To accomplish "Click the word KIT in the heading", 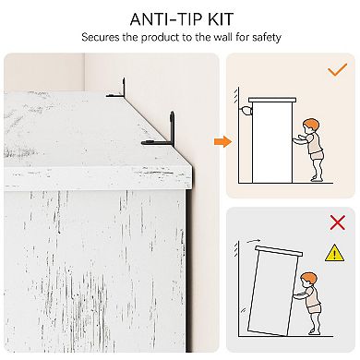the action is click(x=221, y=19).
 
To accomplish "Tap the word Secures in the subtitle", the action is click(x=100, y=37).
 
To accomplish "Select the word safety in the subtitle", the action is click(x=267, y=38).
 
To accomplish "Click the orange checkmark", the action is click(x=337, y=69).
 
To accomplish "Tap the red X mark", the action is click(x=337, y=222).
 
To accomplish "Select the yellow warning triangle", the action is click(x=335, y=253).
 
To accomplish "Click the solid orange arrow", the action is click(x=222, y=141).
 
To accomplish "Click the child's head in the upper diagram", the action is click(x=310, y=126).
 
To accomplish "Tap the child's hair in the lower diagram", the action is click(x=309, y=278).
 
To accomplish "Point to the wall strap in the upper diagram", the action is click(x=246, y=110).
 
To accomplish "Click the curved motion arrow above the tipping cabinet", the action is click(x=253, y=241).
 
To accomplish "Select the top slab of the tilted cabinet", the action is click(x=279, y=251).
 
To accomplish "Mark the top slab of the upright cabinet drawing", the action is click(x=272, y=100).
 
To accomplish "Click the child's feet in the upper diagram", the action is click(x=317, y=178).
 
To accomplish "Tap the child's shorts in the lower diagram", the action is click(x=315, y=308).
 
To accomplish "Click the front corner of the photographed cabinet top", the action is click(x=191, y=168).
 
